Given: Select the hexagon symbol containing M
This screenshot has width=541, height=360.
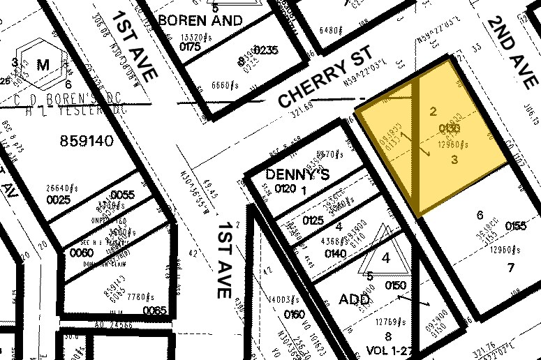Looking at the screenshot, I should pyautogui.click(x=43, y=66).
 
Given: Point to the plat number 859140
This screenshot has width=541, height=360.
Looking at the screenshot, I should pyautogui.click(x=87, y=141).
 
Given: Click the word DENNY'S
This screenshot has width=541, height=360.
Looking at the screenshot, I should pyautogui.click(x=297, y=174).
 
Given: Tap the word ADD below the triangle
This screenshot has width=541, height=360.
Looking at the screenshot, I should pyautogui.click(x=353, y=299).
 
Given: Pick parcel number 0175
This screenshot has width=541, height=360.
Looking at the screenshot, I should pyautogui.click(x=189, y=47).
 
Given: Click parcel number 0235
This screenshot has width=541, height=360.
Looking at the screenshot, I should pyautogui.click(x=265, y=50).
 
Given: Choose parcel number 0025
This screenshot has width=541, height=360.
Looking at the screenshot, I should pyautogui.click(x=59, y=200).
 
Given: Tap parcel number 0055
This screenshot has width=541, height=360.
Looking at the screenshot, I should pyautogui.click(x=122, y=195).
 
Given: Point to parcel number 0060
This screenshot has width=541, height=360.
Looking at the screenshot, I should pyautogui.click(x=81, y=252).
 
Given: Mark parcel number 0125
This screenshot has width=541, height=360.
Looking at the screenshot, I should pyautogui.click(x=313, y=221).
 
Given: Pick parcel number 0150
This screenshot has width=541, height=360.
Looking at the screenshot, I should pyautogui.click(x=395, y=285).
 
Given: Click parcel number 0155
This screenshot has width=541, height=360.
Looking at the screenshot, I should pyautogui.click(x=516, y=226).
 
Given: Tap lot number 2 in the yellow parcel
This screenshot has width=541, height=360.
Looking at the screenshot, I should pyautogui.click(x=433, y=111).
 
